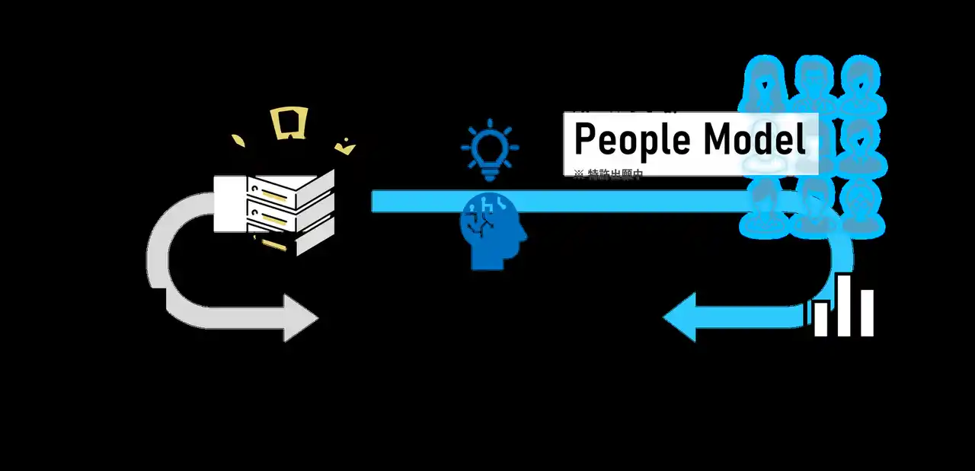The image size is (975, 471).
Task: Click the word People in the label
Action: click(631, 140)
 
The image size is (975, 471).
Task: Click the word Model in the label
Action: click(753, 140)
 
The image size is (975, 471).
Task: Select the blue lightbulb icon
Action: click(490, 149)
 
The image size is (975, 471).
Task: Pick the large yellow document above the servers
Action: click(290, 123)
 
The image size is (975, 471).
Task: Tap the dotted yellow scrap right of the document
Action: click(347, 145)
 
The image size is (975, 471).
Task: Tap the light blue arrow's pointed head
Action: click(679, 316)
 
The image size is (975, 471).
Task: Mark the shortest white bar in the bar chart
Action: click(821, 320)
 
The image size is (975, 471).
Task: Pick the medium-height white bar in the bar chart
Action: click(867, 313)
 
